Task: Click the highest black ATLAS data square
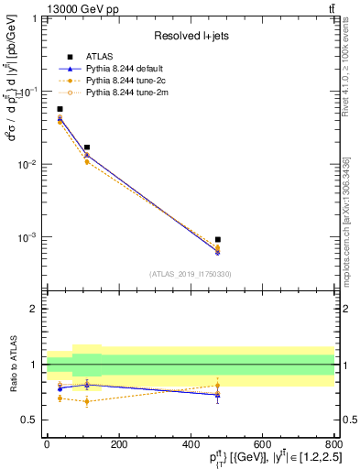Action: [60, 109]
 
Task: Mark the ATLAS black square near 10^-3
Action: [217, 239]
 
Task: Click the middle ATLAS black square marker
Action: [87, 147]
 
